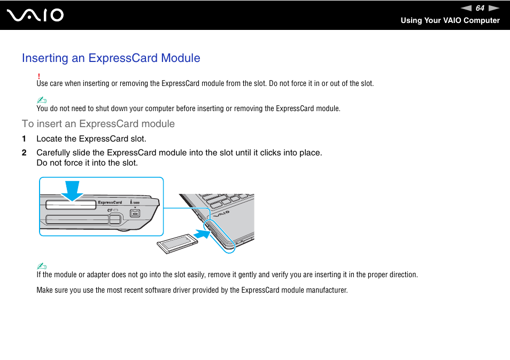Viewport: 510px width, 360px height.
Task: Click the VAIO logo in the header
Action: [x=36, y=15]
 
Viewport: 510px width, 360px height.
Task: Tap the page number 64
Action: [x=480, y=8]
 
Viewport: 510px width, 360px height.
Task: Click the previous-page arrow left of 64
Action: [x=466, y=8]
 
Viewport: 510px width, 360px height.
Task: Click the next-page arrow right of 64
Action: [x=493, y=8]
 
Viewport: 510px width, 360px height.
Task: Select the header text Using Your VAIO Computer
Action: [x=450, y=20]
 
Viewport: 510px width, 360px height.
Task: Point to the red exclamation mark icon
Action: [x=39, y=76]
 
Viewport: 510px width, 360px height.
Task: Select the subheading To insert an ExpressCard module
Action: [x=98, y=124]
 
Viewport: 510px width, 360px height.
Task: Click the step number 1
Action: [x=24, y=139]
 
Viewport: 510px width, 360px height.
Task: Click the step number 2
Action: [x=24, y=153]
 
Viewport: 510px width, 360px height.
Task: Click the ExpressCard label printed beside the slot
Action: [x=110, y=202]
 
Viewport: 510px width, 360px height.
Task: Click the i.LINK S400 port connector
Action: [x=135, y=214]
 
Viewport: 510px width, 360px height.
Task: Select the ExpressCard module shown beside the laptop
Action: [x=178, y=244]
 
